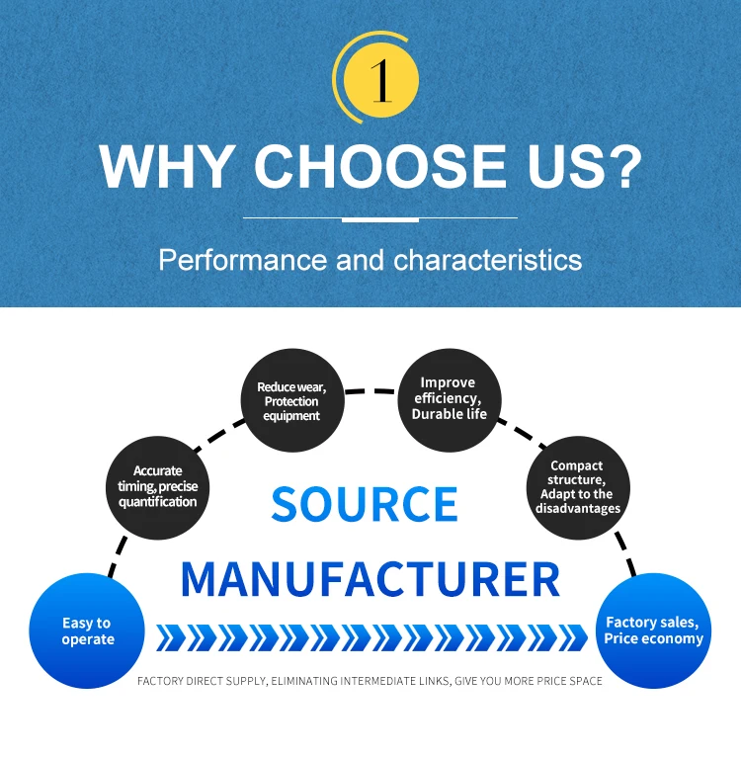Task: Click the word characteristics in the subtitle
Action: pos(487,260)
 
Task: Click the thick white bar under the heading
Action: pos(379,218)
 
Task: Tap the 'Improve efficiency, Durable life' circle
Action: pos(449,397)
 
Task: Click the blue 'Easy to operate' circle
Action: pos(87,631)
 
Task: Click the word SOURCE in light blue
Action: pos(365,504)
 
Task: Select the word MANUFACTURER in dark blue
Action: pos(370,578)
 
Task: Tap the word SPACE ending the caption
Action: pos(584,681)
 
